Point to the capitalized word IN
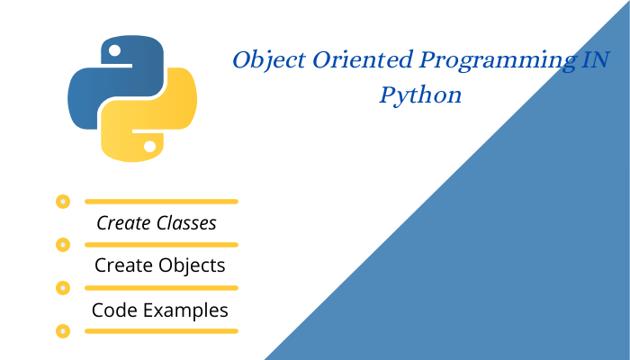[x=594, y=61]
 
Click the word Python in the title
[x=420, y=94]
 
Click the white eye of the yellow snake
[x=150, y=145]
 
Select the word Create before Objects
[x=123, y=265]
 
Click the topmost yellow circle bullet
[x=62, y=202]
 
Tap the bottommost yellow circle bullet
[x=62, y=331]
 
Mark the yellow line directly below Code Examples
[x=161, y=331]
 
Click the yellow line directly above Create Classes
[x=161, y=202]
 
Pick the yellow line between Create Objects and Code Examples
[x=161, y=288]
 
